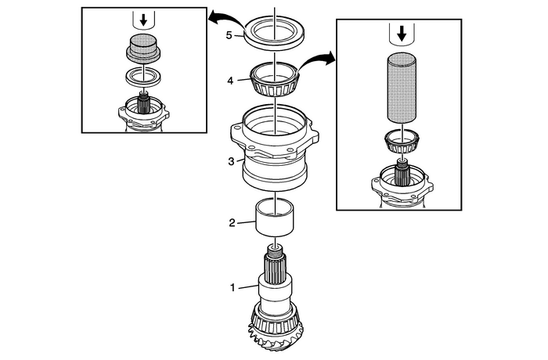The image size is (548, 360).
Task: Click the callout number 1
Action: [x=233, y=287]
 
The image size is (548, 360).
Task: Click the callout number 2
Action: [x=233, y=223]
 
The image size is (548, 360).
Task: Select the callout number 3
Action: [x=229, y=161]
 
